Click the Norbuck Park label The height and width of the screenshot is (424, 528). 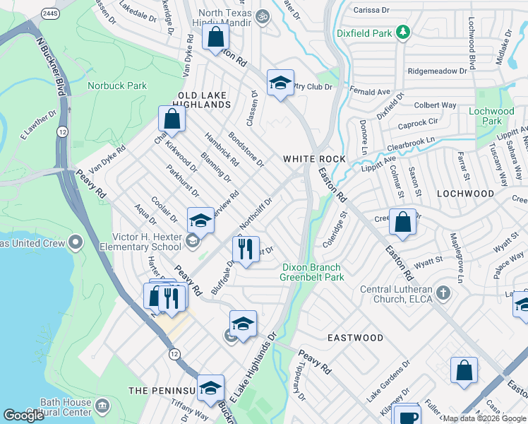117,86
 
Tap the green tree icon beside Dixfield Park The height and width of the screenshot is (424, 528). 403,32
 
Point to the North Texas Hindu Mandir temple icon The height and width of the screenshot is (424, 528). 263,16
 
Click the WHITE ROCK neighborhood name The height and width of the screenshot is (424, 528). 314,159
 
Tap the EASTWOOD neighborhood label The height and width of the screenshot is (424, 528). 355,338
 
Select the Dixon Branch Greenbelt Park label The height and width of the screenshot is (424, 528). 311,272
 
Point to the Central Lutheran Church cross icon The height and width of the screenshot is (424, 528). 443,292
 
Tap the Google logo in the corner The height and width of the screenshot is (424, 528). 24,416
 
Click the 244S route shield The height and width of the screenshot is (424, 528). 50,13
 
